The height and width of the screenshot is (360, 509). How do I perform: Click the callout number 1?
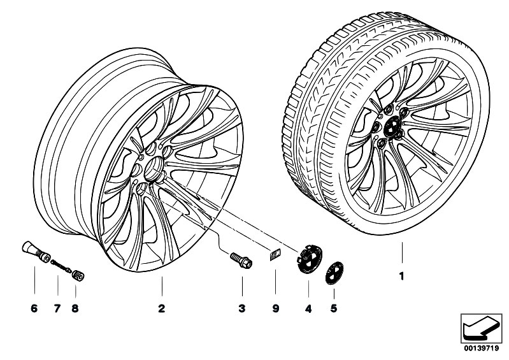(x=401, y=277)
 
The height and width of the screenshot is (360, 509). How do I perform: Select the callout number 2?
(x=161, y=309)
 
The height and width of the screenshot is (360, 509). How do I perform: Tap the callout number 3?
(x=241, y=309)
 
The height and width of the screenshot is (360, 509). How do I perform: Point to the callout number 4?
(x=308, y=309)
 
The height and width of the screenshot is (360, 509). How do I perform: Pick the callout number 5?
(x=334, y=309)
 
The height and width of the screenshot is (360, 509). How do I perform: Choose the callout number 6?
(x=34, y=309)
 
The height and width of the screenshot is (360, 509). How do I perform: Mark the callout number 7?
(x=56, y=309)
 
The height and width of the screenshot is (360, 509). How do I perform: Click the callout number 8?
(x=75, y=309)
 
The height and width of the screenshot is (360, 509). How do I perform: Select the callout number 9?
(x=276, y=309)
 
